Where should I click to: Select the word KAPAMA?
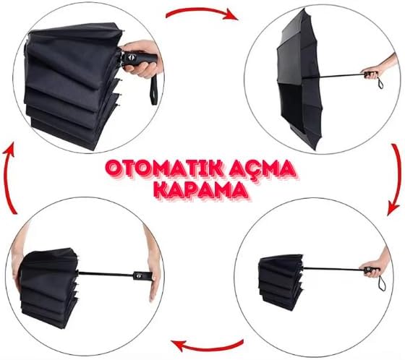[x=200, y=191]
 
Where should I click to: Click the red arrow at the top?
[x=202, y=12]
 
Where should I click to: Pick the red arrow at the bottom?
[x=207, y=346]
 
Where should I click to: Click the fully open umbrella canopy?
[x=299, y=79]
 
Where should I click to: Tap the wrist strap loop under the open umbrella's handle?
[x=380, y=82]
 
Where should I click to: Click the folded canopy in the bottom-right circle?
[x=281, y=281]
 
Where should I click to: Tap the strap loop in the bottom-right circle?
[x=382, y=283]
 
